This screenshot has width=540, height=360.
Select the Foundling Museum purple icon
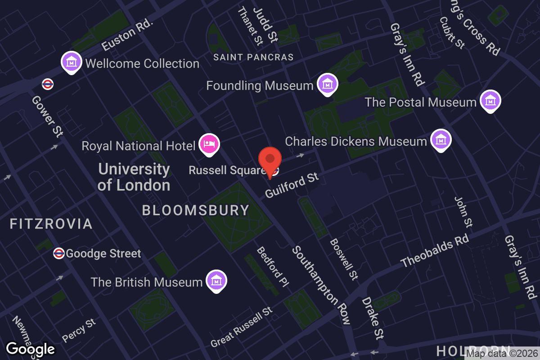[327, 84]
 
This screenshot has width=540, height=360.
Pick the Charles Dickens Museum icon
[441, 140]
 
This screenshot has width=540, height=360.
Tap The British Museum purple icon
[216, 280]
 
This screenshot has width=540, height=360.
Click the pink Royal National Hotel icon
[209, 144]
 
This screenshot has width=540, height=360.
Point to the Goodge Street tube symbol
[58, 253]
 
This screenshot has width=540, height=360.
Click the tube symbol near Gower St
[47, 84]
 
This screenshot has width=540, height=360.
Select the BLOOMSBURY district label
[196, 210]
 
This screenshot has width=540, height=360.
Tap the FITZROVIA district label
[51, 224]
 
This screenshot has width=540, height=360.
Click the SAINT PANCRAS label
[253, 57]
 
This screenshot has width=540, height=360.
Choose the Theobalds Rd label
[435, 251]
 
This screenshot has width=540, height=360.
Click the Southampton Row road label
[321, 285]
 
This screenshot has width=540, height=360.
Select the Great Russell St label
[242, 327]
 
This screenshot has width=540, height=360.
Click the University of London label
[134, 177]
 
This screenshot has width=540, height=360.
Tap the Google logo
[31, 349]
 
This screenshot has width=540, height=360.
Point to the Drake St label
[373, 318]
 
